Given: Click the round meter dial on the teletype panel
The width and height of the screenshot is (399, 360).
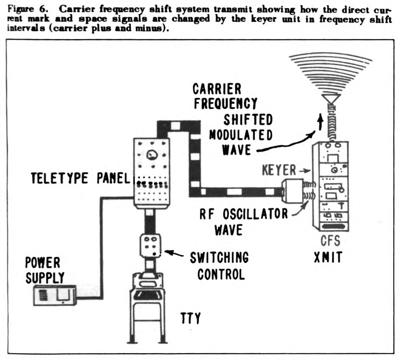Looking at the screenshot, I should [x=152, y=154].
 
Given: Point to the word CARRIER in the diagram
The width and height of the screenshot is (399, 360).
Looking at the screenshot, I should [x=217, y=88].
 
